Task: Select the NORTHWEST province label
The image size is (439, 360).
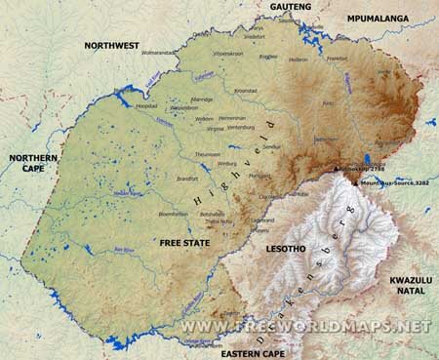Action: (x=111, y=46)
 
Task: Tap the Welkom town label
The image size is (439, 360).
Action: (x=204, y=119)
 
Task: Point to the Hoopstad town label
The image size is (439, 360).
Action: (x=145, y=104)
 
